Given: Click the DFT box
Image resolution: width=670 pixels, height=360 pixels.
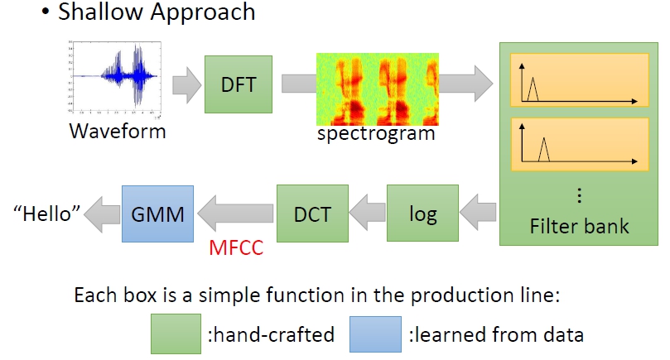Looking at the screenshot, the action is pyautogui.click(x=239, y=84).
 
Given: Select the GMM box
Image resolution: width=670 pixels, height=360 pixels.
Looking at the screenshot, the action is pyautogui.click(x=157, y=214).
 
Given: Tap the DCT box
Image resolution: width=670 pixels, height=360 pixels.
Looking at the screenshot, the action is pyautogui.click(x=312, y=214).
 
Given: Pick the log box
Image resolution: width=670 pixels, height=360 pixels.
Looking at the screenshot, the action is pyautogui.click(x=422, y=213).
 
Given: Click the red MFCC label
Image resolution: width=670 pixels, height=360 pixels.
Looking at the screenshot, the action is pyautogui.click(x=236, y=248).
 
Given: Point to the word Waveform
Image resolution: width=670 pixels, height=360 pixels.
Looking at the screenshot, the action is pyautogui.click(x=118, y=131).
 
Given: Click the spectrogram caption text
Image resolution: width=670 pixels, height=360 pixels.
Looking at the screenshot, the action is pyautogui.click(x=376, y=134).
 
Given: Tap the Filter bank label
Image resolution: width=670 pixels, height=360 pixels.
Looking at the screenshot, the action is pyautogui.click(x=580, y=226).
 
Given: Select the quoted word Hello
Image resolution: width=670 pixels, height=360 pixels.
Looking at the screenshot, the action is pyautogui.click(x=46, y=214).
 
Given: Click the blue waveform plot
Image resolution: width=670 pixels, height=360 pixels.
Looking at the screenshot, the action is pyautogui.click(x=114, y=78).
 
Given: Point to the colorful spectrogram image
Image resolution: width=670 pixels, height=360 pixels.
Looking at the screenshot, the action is pyautogui.click(x=378, y=89).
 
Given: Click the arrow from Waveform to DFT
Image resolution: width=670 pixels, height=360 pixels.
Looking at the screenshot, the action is pyautogui.click(x=186, y=84).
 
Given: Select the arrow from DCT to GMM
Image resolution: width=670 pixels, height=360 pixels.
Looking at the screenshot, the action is pyautogui.click(x=235, y=213).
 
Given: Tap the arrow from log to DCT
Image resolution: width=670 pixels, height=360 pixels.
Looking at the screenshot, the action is pyautogui.click(x=368, y=213).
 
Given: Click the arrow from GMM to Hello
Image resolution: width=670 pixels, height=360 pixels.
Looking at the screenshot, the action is pyautogui.click(x=102, y=214).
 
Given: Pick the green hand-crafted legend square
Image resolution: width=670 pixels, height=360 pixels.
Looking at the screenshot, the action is pyautogui.click(x=176, y=334).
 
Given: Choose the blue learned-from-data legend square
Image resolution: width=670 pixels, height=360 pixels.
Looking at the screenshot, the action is pyautogui.click(x=375, y=334).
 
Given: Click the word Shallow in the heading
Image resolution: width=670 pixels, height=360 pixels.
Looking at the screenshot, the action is pyautogui.click(x=100, y=12).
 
